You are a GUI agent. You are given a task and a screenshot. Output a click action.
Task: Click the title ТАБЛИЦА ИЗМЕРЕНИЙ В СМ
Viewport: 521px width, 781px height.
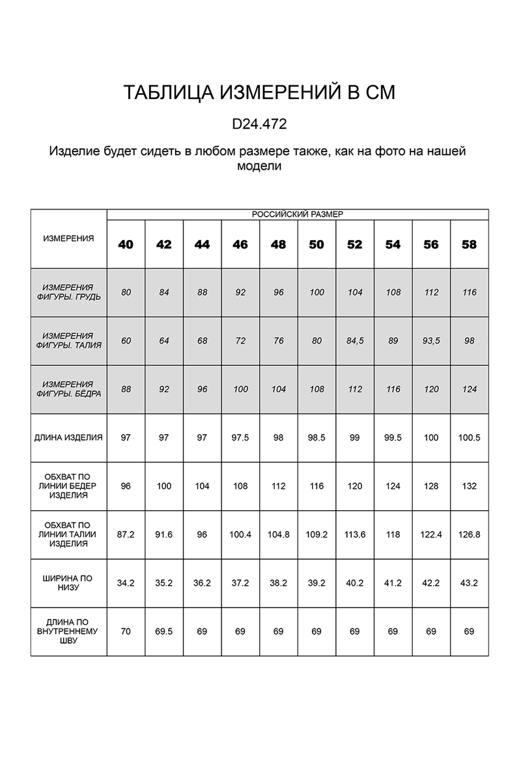pyautogui.click(x=259, y=93)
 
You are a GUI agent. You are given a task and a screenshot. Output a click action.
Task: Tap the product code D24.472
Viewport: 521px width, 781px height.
pyautogui.click(x=259, y=123)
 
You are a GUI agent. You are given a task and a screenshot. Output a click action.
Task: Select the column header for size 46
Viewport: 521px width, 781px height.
pyautogui.click(x=240, y=245)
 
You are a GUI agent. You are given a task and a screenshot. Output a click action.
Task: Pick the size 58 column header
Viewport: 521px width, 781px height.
pyautogui.click(x=469, y=245)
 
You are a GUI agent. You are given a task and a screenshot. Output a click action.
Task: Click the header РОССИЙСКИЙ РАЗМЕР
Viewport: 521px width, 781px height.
pyautogui.click(x=297, y=214)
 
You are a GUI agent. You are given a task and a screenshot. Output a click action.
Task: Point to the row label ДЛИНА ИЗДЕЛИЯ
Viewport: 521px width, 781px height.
pyautogui.click(x=68, y=438)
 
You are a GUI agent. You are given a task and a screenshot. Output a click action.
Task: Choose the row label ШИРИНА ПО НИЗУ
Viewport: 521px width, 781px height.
pyautogui.click(x=68, y=582)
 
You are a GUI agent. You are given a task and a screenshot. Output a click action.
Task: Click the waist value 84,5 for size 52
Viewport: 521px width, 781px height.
pyautogui.click(x=355, y=341)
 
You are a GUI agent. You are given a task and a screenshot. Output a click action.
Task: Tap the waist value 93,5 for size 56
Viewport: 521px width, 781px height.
pyautogui.click(x=431, y=341)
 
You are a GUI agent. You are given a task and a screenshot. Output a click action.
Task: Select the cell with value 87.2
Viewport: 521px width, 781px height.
pyautogui.click(x=126, y=534)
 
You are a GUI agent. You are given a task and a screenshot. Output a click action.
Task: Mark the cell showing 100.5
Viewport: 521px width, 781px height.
pyautogui.click(x=469, y=438)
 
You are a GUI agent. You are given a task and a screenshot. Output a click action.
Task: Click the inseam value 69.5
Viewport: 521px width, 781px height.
pyautogui.click(x=164, y=631)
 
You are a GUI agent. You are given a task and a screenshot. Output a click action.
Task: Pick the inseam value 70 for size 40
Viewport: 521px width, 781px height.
pyautogui.click(x=126, y=631)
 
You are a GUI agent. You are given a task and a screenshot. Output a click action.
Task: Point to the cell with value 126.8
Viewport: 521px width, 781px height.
pyautogui.click(x=469, y=534)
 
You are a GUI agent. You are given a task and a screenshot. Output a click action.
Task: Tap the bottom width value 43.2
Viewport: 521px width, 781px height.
pyautogui.click(x=469, y=582)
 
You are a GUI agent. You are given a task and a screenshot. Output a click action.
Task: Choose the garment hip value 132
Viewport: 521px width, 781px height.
pyautogui.click(x=469, y=486)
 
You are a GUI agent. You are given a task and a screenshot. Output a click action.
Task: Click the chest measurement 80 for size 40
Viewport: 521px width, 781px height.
pyautogui.click(x=126, y=292)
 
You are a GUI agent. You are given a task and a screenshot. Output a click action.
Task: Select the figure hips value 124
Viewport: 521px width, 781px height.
pyautogui.click(x=469, y=389)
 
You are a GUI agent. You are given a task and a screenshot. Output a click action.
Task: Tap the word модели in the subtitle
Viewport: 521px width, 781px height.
pyautogui.click(x=259, y=167)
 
